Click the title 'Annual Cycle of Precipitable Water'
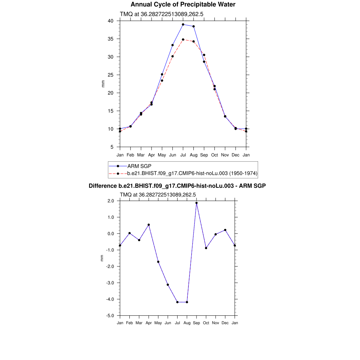183,5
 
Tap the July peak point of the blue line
183,25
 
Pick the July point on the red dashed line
183,39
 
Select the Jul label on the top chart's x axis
183,155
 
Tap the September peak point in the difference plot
197,203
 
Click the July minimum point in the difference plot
178,302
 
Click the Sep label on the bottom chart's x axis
197,323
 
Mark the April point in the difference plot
149,225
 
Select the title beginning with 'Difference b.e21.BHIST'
177,186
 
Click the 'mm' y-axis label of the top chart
103,84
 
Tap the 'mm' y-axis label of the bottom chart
102,258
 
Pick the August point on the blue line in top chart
194,26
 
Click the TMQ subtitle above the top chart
162,14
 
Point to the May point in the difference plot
158,262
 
